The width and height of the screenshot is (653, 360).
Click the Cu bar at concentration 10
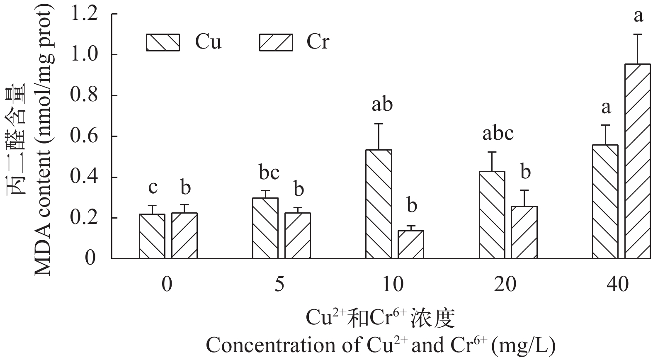[379, 204]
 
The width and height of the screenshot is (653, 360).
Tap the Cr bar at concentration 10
[410, 244]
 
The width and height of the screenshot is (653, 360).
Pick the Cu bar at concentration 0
[152, 236]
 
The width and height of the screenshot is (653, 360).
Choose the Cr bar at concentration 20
[524, 232]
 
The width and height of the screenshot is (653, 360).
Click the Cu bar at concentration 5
[265, 228]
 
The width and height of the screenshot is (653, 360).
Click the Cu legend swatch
[163, 42]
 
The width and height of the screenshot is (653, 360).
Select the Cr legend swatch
[276, 42]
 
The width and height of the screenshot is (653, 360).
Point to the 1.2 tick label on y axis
[84, 14]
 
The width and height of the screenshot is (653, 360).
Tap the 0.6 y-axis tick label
[84, 136]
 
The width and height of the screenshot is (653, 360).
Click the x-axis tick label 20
[505, 285]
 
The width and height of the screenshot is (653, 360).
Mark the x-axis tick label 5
[279, 285]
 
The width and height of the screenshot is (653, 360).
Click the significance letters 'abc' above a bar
[498, 134]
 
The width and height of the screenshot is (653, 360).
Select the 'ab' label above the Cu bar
[381, 105]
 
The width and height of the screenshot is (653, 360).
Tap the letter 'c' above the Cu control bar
[153, 187]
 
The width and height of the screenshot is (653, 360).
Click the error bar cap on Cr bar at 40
[638, 34]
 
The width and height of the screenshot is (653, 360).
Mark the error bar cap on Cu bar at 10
[379, 124]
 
